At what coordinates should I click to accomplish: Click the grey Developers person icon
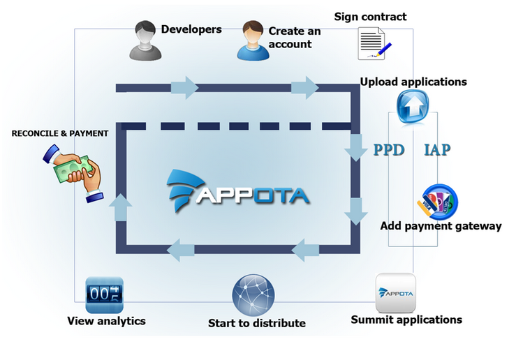point(144,40)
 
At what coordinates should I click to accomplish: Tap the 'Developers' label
point(191,29)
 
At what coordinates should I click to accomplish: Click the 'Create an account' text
point(290,37)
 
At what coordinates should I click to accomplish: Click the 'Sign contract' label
point(370,16)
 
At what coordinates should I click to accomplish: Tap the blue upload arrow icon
point(412,107)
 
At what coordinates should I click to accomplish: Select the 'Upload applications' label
point(413,82)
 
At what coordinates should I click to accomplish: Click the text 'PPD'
point(389,149)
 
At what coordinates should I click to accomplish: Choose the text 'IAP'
point(437,149)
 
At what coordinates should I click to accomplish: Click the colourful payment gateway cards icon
point(437,201)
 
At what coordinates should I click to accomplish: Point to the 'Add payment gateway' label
point(441,225)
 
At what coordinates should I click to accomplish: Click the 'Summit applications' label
point(406,320)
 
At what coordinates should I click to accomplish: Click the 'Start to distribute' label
point(257,323)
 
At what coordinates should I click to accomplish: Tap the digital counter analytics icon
point(104,295)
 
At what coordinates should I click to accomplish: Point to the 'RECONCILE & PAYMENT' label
point(60,133)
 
